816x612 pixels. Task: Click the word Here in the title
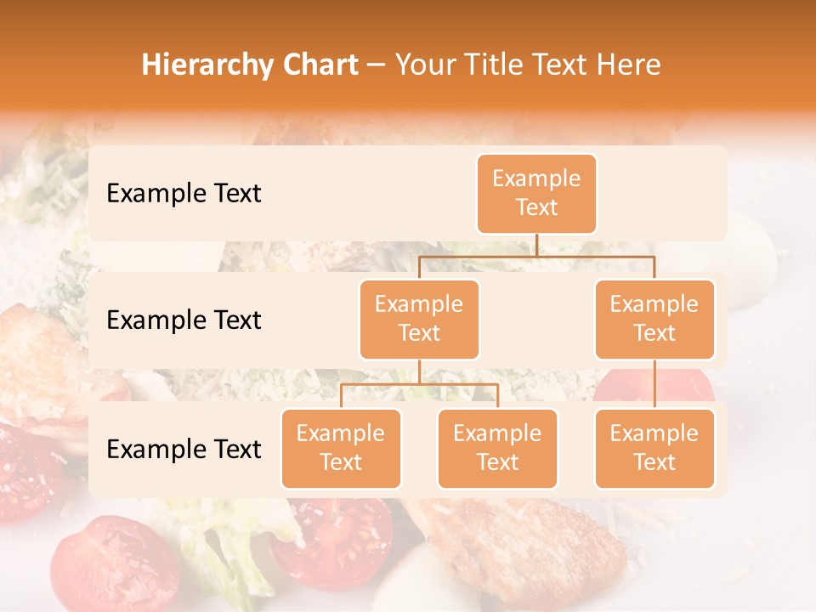point(628,65)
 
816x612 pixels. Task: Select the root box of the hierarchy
point(536,193)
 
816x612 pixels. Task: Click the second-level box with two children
point(419,319)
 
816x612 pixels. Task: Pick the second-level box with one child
point(654,319)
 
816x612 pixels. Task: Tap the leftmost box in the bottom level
point(341,448)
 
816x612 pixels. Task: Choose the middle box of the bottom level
point(497,448)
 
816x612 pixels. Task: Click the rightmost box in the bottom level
point(654,448)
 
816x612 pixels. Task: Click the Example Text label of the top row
point(184,193)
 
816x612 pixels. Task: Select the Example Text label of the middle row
point(184,320)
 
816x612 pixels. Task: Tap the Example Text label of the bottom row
point(184,449)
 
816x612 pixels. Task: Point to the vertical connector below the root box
point(536,245)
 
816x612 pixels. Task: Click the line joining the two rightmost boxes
point(654,383)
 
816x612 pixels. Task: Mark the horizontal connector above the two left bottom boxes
point(419,384)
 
